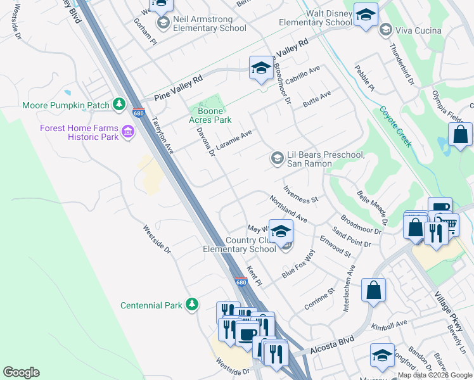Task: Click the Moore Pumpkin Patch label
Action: click(x=66, y=105)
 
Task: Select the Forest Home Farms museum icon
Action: click(x=128, y=132)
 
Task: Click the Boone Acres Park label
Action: click(x=210, y=115)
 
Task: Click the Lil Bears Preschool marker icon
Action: click(x=277, y=157)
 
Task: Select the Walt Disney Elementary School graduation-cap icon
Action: click(x=365, y=16)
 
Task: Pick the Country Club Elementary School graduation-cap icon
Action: click(x=281, y=231)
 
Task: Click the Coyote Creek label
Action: click(x=396, y=126)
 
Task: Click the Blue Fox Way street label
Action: click(x=298, y=264)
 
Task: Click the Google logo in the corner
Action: click(x=21, y=372)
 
